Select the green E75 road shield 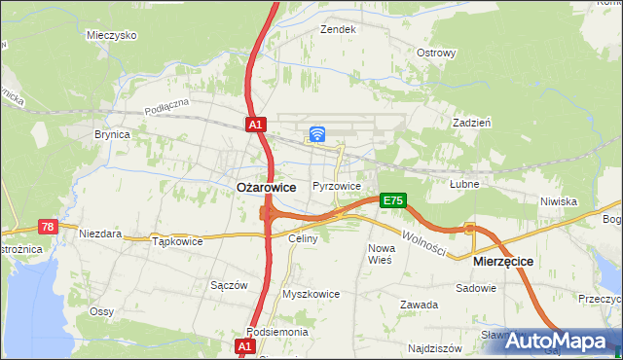(392, 200)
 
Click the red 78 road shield (48, 226)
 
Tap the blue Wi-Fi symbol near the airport (317, 134)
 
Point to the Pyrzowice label (337, 186)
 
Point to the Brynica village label (112, 135)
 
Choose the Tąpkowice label (177, 241)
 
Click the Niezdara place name (100, 234)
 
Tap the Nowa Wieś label (380, 254)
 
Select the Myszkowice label (311, 294)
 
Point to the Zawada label (419, 305)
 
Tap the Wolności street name (423, 243)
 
